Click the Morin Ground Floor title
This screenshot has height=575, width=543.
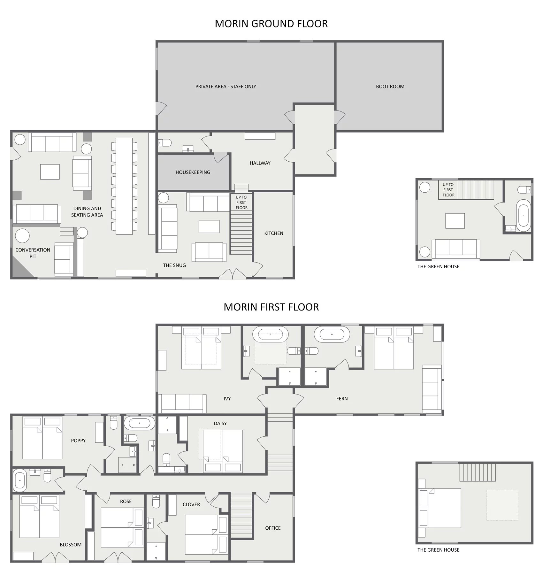coord(271,24)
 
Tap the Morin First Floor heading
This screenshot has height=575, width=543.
coord(271,307)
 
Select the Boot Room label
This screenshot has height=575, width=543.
coord(390,87)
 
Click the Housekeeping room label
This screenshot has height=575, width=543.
coord(193,172)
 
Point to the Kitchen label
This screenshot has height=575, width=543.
coord(274,233)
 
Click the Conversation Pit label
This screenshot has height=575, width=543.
coord(33,253)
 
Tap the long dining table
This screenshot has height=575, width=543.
coord(124,186)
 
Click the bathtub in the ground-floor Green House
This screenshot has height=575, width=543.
coord(524,216)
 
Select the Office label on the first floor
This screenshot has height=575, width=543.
coord(273,528)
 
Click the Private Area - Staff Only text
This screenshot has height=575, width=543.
coord(226,87)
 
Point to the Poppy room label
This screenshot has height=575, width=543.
coord(78,441)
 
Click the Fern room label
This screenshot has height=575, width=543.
coord(342,399)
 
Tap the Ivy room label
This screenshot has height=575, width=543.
coord(227,399)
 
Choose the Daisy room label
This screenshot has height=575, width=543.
coord(220,423)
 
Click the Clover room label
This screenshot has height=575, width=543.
coord(191,504)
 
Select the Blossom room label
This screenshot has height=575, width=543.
coord(71,545)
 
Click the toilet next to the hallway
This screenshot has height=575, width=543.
coord(165,142)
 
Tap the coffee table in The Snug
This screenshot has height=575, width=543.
coord(209,226)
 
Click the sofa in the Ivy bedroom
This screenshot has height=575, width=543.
coord(182,403)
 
